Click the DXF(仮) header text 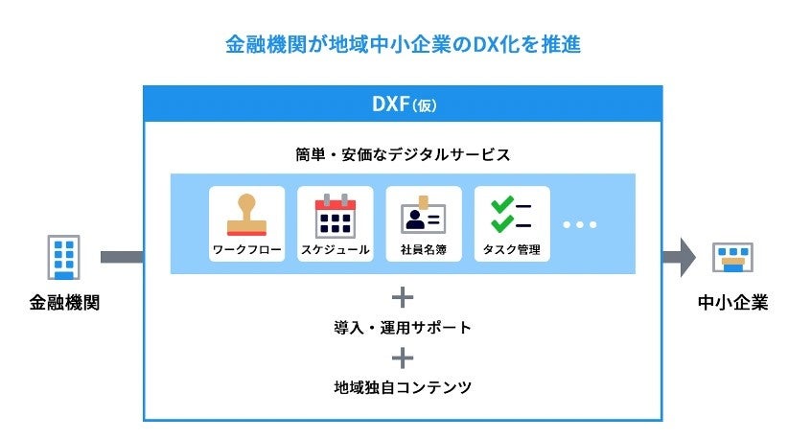pyautogui.click(x=403, y=103)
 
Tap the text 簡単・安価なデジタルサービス pyautogui.click(x=403, y=153)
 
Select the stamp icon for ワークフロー pyautogui.click(x=246, y=216)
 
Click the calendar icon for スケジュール pyautogui.click(x=336, y=216)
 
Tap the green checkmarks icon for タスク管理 pyautogui.click(x=511, y=216)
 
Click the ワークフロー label pyautogui.click(x=246, y=251)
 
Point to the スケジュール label pyautogui.click(x=336, y=251)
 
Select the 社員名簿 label pyautogui.click(x=424, y=251)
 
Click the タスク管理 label pyautogui.click(x=512, y=251)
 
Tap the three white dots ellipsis pyautogui.click(x=579, y=224)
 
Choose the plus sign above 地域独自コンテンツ pyautogui.click(x=403, y=358)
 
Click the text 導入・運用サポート pyautogui.click(x=403, y=328)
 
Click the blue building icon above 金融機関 pyautogui.click(x=65, y=257)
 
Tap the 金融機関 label pyautogui.click(x=65, y=304)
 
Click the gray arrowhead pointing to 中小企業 pyautogui.click(x=684, y=257)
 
